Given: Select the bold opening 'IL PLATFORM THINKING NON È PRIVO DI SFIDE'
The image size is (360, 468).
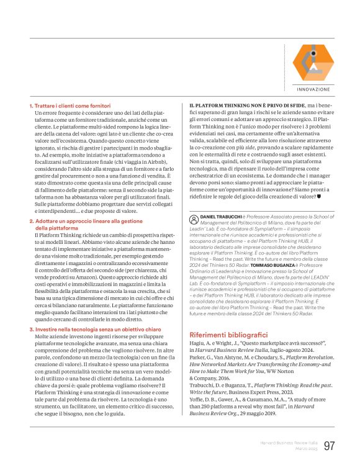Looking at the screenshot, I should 244,106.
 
